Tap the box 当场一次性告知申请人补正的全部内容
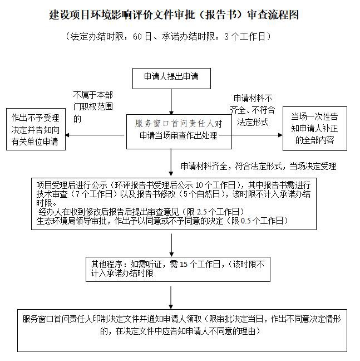point(314,129)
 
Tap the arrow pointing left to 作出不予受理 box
point(95,135)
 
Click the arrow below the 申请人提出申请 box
point(171,100)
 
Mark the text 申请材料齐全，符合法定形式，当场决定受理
point(258,165)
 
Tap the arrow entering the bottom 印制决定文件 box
point(171,295)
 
